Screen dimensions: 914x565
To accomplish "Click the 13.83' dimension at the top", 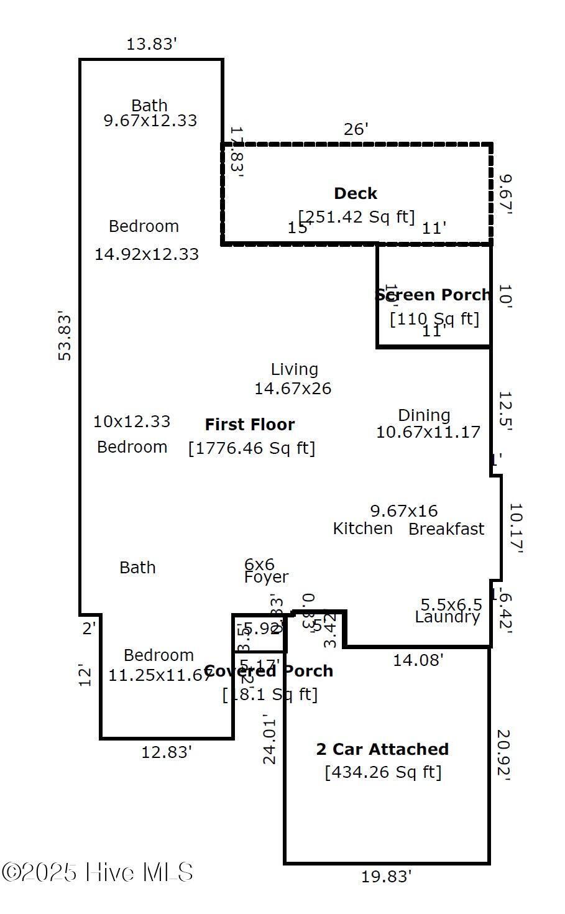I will pyautogui.click(x=152, y=44).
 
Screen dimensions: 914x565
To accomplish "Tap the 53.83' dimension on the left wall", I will pyautogui.click(x=65, y=335).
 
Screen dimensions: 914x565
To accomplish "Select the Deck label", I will pyautogui.click(x=356, y=193).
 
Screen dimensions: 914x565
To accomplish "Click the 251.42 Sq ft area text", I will pyautogui.click(x=356, y=216).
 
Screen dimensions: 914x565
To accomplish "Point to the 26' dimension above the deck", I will pyautogui.click(x=356, y=129).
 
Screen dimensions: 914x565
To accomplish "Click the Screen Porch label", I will pyautogui.click(x=433, y=295).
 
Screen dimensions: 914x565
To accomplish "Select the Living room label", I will pyautogui.click(x=294, y=369).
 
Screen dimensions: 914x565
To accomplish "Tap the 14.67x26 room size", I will pyautogui.click(x=293, y=389).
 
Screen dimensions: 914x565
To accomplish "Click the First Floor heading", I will pyautogui.click(x=250, y=425).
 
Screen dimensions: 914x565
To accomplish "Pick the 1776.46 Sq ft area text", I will pyautogui.click(x=252, y=448).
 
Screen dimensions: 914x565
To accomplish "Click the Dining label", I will pyautogui.click(x=424, y=415).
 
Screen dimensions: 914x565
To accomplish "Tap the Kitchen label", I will pyautogui.click(x=362, y=529).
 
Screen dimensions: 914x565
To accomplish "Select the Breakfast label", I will pyautogui.click(x=446, y=529).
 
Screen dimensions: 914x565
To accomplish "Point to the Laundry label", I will pyautogui.click(x=448, y=617).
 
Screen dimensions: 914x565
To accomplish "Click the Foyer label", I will pyautogui.click(x=266, y=577).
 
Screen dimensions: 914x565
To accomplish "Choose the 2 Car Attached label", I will pyautogui.click(x=382, y=749).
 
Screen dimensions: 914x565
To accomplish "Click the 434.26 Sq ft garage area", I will pyautogui.click(x=383, y=772).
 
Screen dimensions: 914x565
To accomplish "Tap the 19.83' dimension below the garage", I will pyautogui.click(x=386, y=877).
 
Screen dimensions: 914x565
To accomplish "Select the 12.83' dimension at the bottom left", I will pyautogui.click(x=167, y=752).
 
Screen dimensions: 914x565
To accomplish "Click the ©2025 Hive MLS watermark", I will pyautogui.click(x=98, y=872).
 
